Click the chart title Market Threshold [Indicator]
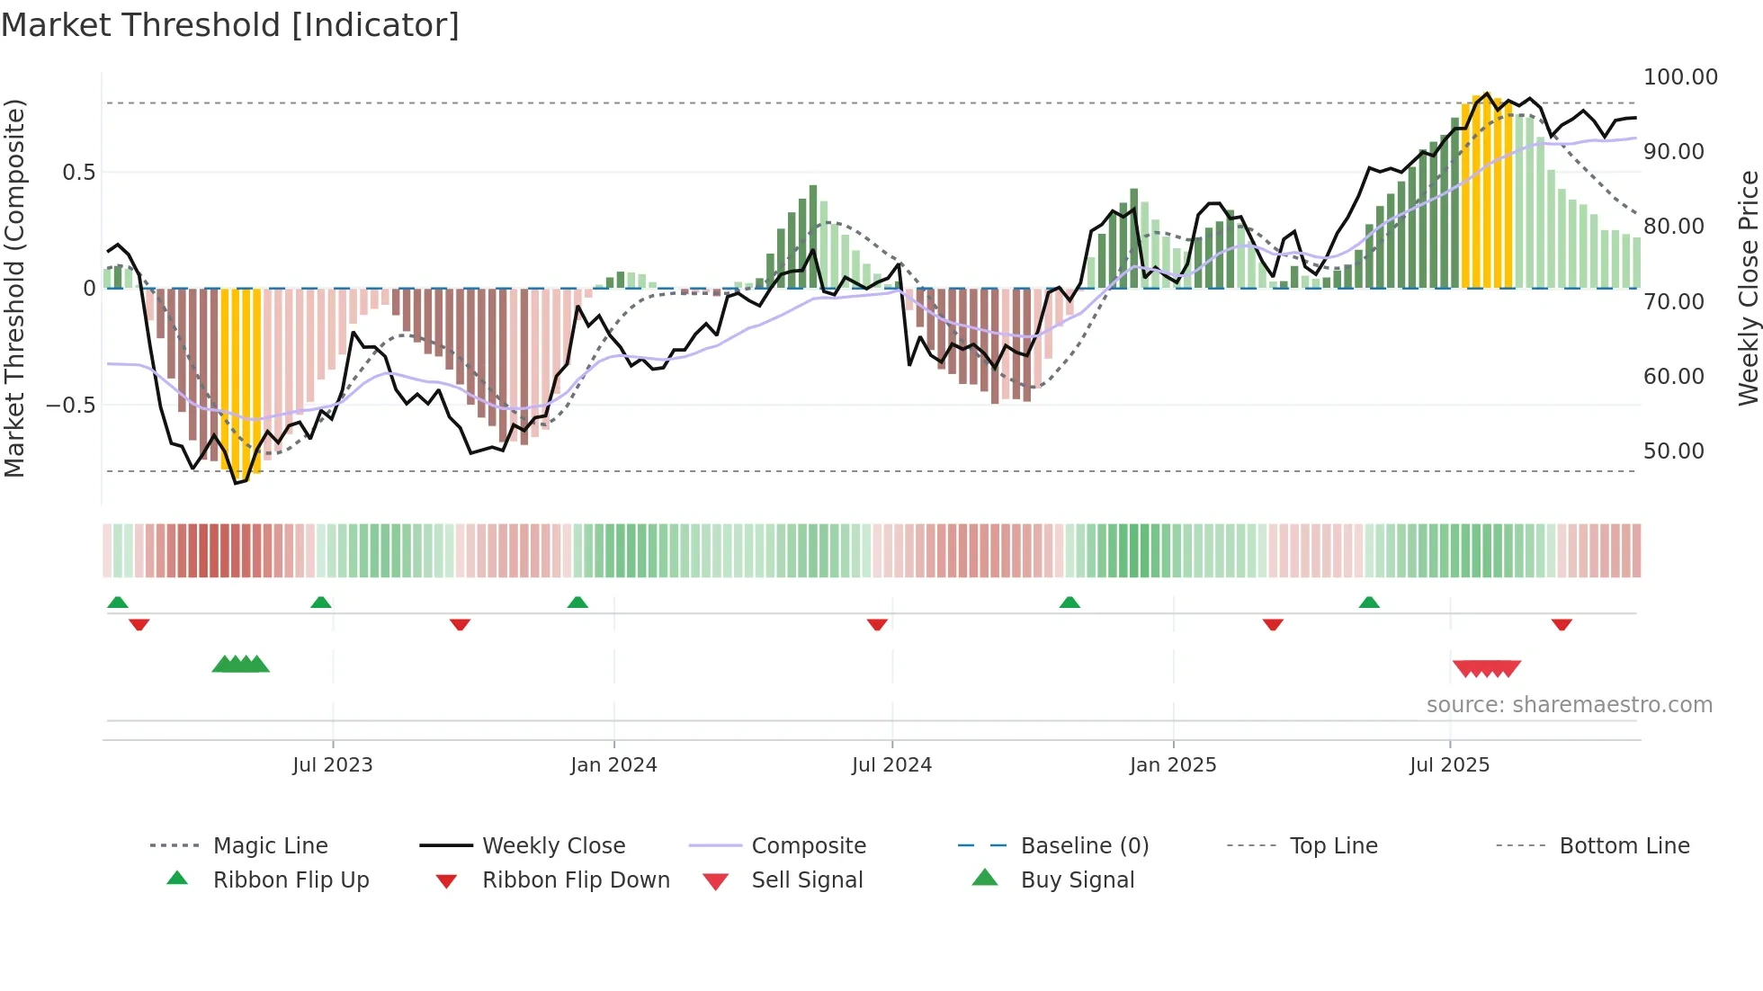(x=230, y=25)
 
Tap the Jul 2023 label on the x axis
(x=332, y=765)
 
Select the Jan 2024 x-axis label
(x=613, y=765)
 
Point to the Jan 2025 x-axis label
(x=1173, y=765)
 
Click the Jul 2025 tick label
(x=1449, y=765)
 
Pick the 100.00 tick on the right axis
(x=1680, y=77)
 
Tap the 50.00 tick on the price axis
(x=1673, y=451)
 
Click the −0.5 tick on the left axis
(x=71, y=406)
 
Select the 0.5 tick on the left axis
(x=78, y=173)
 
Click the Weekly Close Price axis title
(x=1748, y=288)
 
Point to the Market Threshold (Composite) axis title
(x=14, y=288)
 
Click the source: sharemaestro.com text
(x=1569, y=705)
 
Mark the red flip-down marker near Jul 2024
(x=877, y=624)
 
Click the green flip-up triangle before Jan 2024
(x=577, y=603)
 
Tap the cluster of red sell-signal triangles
(x=1486, y=669)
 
